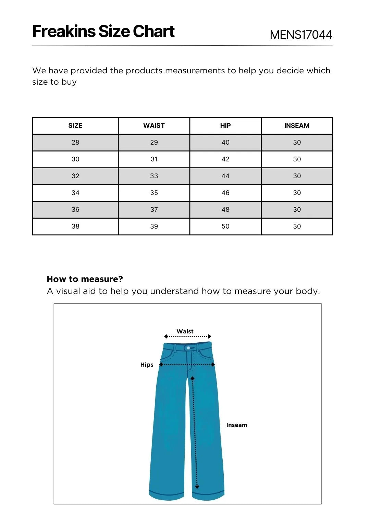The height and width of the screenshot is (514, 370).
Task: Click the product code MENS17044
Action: pos(301,35)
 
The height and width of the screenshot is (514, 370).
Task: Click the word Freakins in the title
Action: pos(64,32)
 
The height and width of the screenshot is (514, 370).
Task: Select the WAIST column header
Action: pos(154,126)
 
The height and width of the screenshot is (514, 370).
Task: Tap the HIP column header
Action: pos(225,126)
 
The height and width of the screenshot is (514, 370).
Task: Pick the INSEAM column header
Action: pos(297,126)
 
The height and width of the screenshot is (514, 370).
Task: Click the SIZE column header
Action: pos(75,126)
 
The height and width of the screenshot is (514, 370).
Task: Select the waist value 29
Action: pos(154,143)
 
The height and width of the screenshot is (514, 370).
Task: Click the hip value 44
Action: pos(225,176)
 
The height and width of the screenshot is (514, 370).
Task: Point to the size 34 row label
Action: pos(75,193)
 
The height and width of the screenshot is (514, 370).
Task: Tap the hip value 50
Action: pos(225,227)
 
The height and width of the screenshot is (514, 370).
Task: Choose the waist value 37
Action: pos(154,210)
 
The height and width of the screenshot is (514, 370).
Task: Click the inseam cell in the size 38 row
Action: pos(297,227)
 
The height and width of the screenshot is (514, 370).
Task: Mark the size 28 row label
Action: pos(75,143)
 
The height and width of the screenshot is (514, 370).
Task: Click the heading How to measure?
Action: pos(85,279)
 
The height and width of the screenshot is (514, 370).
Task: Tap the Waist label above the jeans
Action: pos(185,331)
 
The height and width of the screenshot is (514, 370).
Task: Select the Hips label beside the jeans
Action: pos(147,365)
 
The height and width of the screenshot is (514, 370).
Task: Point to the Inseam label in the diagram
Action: pos(236,425)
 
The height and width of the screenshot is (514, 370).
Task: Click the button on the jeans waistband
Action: pos(188,348)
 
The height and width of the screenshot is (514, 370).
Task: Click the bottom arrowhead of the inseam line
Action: pos(197,487)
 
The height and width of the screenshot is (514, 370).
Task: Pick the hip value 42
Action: pos(225,159)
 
